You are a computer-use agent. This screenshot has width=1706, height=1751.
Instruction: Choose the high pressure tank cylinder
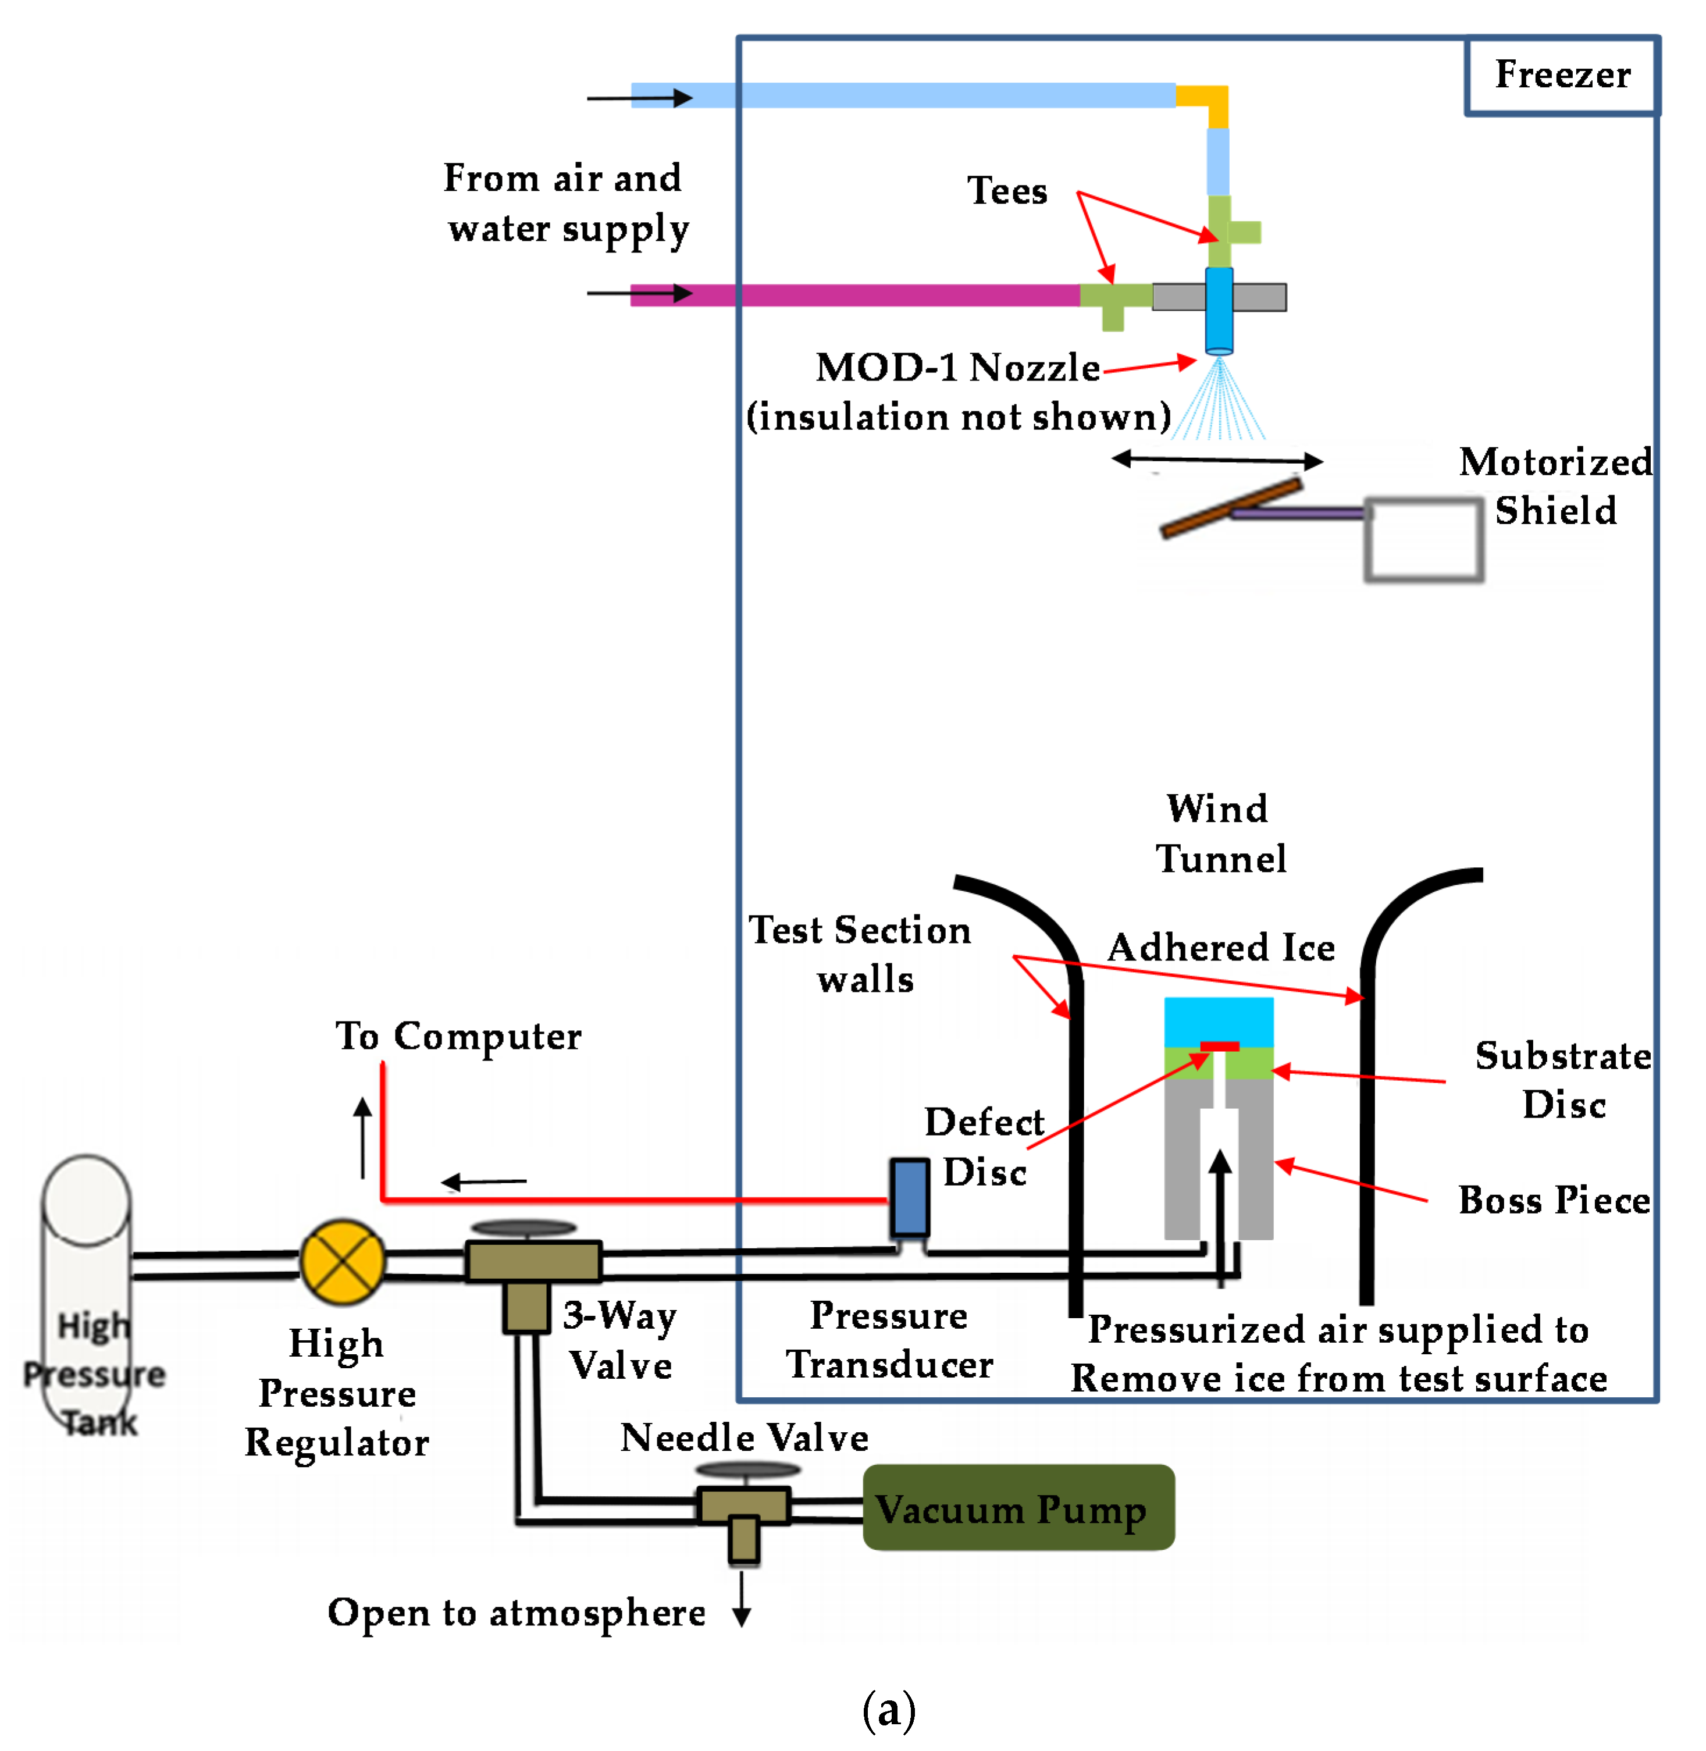(x=87, y=1290)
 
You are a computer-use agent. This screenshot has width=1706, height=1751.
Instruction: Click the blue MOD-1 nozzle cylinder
(x=1219, y=309)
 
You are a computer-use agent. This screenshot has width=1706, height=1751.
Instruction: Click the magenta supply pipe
(x=851, y=295)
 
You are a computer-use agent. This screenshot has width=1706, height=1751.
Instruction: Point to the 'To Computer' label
(x=458, y=1036)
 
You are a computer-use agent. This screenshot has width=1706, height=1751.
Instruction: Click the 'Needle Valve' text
(x=744, y=1437)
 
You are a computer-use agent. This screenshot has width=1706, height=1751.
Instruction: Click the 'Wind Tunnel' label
(x=1220, y=834)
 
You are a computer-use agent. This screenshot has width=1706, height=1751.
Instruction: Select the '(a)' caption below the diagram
(x=888, y=1709)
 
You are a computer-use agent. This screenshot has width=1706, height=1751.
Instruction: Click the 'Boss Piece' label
(x=1554, y=1200)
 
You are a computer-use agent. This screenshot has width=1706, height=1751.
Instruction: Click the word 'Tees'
(x=1006, y=191)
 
